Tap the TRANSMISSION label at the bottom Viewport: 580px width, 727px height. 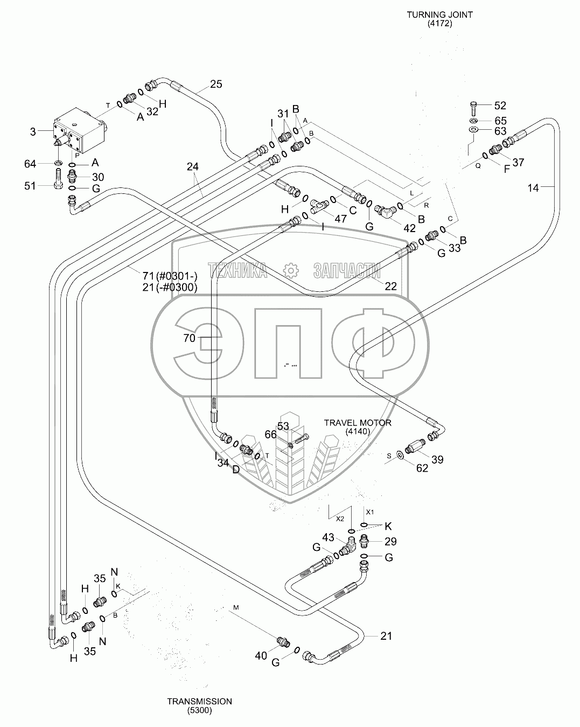pyautogui.click(x=199, y=701)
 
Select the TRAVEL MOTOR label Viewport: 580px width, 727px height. pyautogui.click(x=358, y=423)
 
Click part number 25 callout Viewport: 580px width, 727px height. pyautogui.click(x=215, y=84)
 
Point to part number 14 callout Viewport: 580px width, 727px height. pyautogui.click(x=533, y=187)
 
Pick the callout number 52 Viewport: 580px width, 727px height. pyautogui.click(x=500, y=106)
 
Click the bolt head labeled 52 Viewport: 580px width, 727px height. pyautogui.click(x=473, y=105)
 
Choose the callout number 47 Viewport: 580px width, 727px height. pyautogui.click(x=340, y=219)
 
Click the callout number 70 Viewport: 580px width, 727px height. pyautogui.click(x=189, y=338)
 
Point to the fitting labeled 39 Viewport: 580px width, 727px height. pyautogui.click(x=416, y=446)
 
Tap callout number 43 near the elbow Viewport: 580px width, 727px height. pyautogui.click(x=328, y=537)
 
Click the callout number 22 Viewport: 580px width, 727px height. pyautogui.click(x=390, y=286)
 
